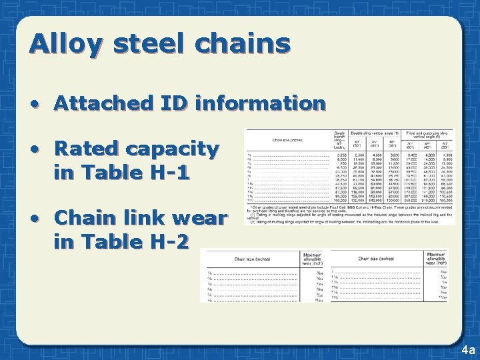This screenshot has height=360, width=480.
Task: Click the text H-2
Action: coord(169,241)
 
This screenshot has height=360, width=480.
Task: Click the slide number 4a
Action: coord(467,349)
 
